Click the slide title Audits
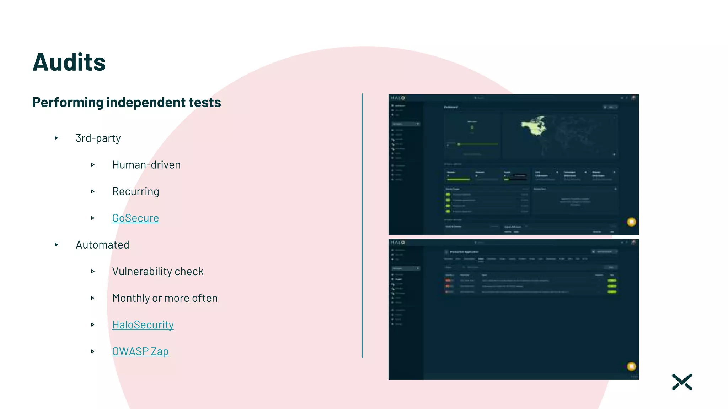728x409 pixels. pos(69,62)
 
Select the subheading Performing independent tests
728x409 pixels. pos(127,102)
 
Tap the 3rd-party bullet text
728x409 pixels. pos(98,138)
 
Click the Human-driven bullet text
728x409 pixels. pos(146,165)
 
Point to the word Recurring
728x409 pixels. pos(135,191)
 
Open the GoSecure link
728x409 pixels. pos(135,218)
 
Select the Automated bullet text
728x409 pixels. pos(102,245)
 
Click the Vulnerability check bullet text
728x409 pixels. pos(158,271)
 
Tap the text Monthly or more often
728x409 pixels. pos(165,298)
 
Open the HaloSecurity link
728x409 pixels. pos(143,325)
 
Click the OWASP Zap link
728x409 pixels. pos(140,351)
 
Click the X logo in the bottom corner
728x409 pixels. pos(682,382)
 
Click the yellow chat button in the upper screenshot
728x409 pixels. pos(631,222)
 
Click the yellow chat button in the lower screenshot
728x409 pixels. pos(631,366)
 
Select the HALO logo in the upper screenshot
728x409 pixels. pos(398,98)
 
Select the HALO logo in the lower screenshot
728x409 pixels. pos(398,242)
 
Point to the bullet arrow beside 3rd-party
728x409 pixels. pos(57,138)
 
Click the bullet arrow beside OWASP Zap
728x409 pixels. pos(93,351)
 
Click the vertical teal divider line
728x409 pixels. pos(362,225)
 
